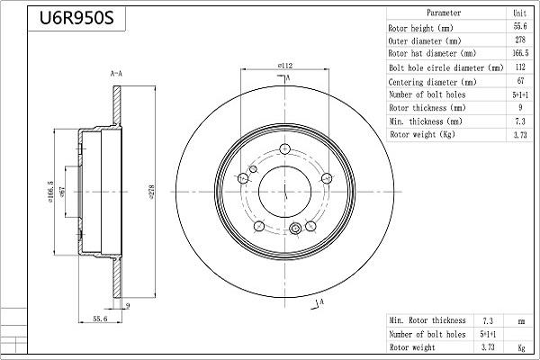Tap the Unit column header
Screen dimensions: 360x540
pos(519,13)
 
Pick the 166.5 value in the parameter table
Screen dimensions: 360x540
pos(519,54)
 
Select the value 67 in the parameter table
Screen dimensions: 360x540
pos(519,81)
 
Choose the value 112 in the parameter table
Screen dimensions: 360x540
pos(519,67)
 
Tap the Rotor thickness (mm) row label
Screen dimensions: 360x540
pos(426,108)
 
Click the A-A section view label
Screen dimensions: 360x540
pos(116,72)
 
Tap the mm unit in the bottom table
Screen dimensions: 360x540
pos(519,320)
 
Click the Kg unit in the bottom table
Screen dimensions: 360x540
pos(519,346)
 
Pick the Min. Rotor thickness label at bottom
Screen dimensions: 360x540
pos(427,320)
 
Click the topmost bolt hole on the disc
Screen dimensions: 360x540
pos(284,150)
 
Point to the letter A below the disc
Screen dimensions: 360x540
pos(320,303)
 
